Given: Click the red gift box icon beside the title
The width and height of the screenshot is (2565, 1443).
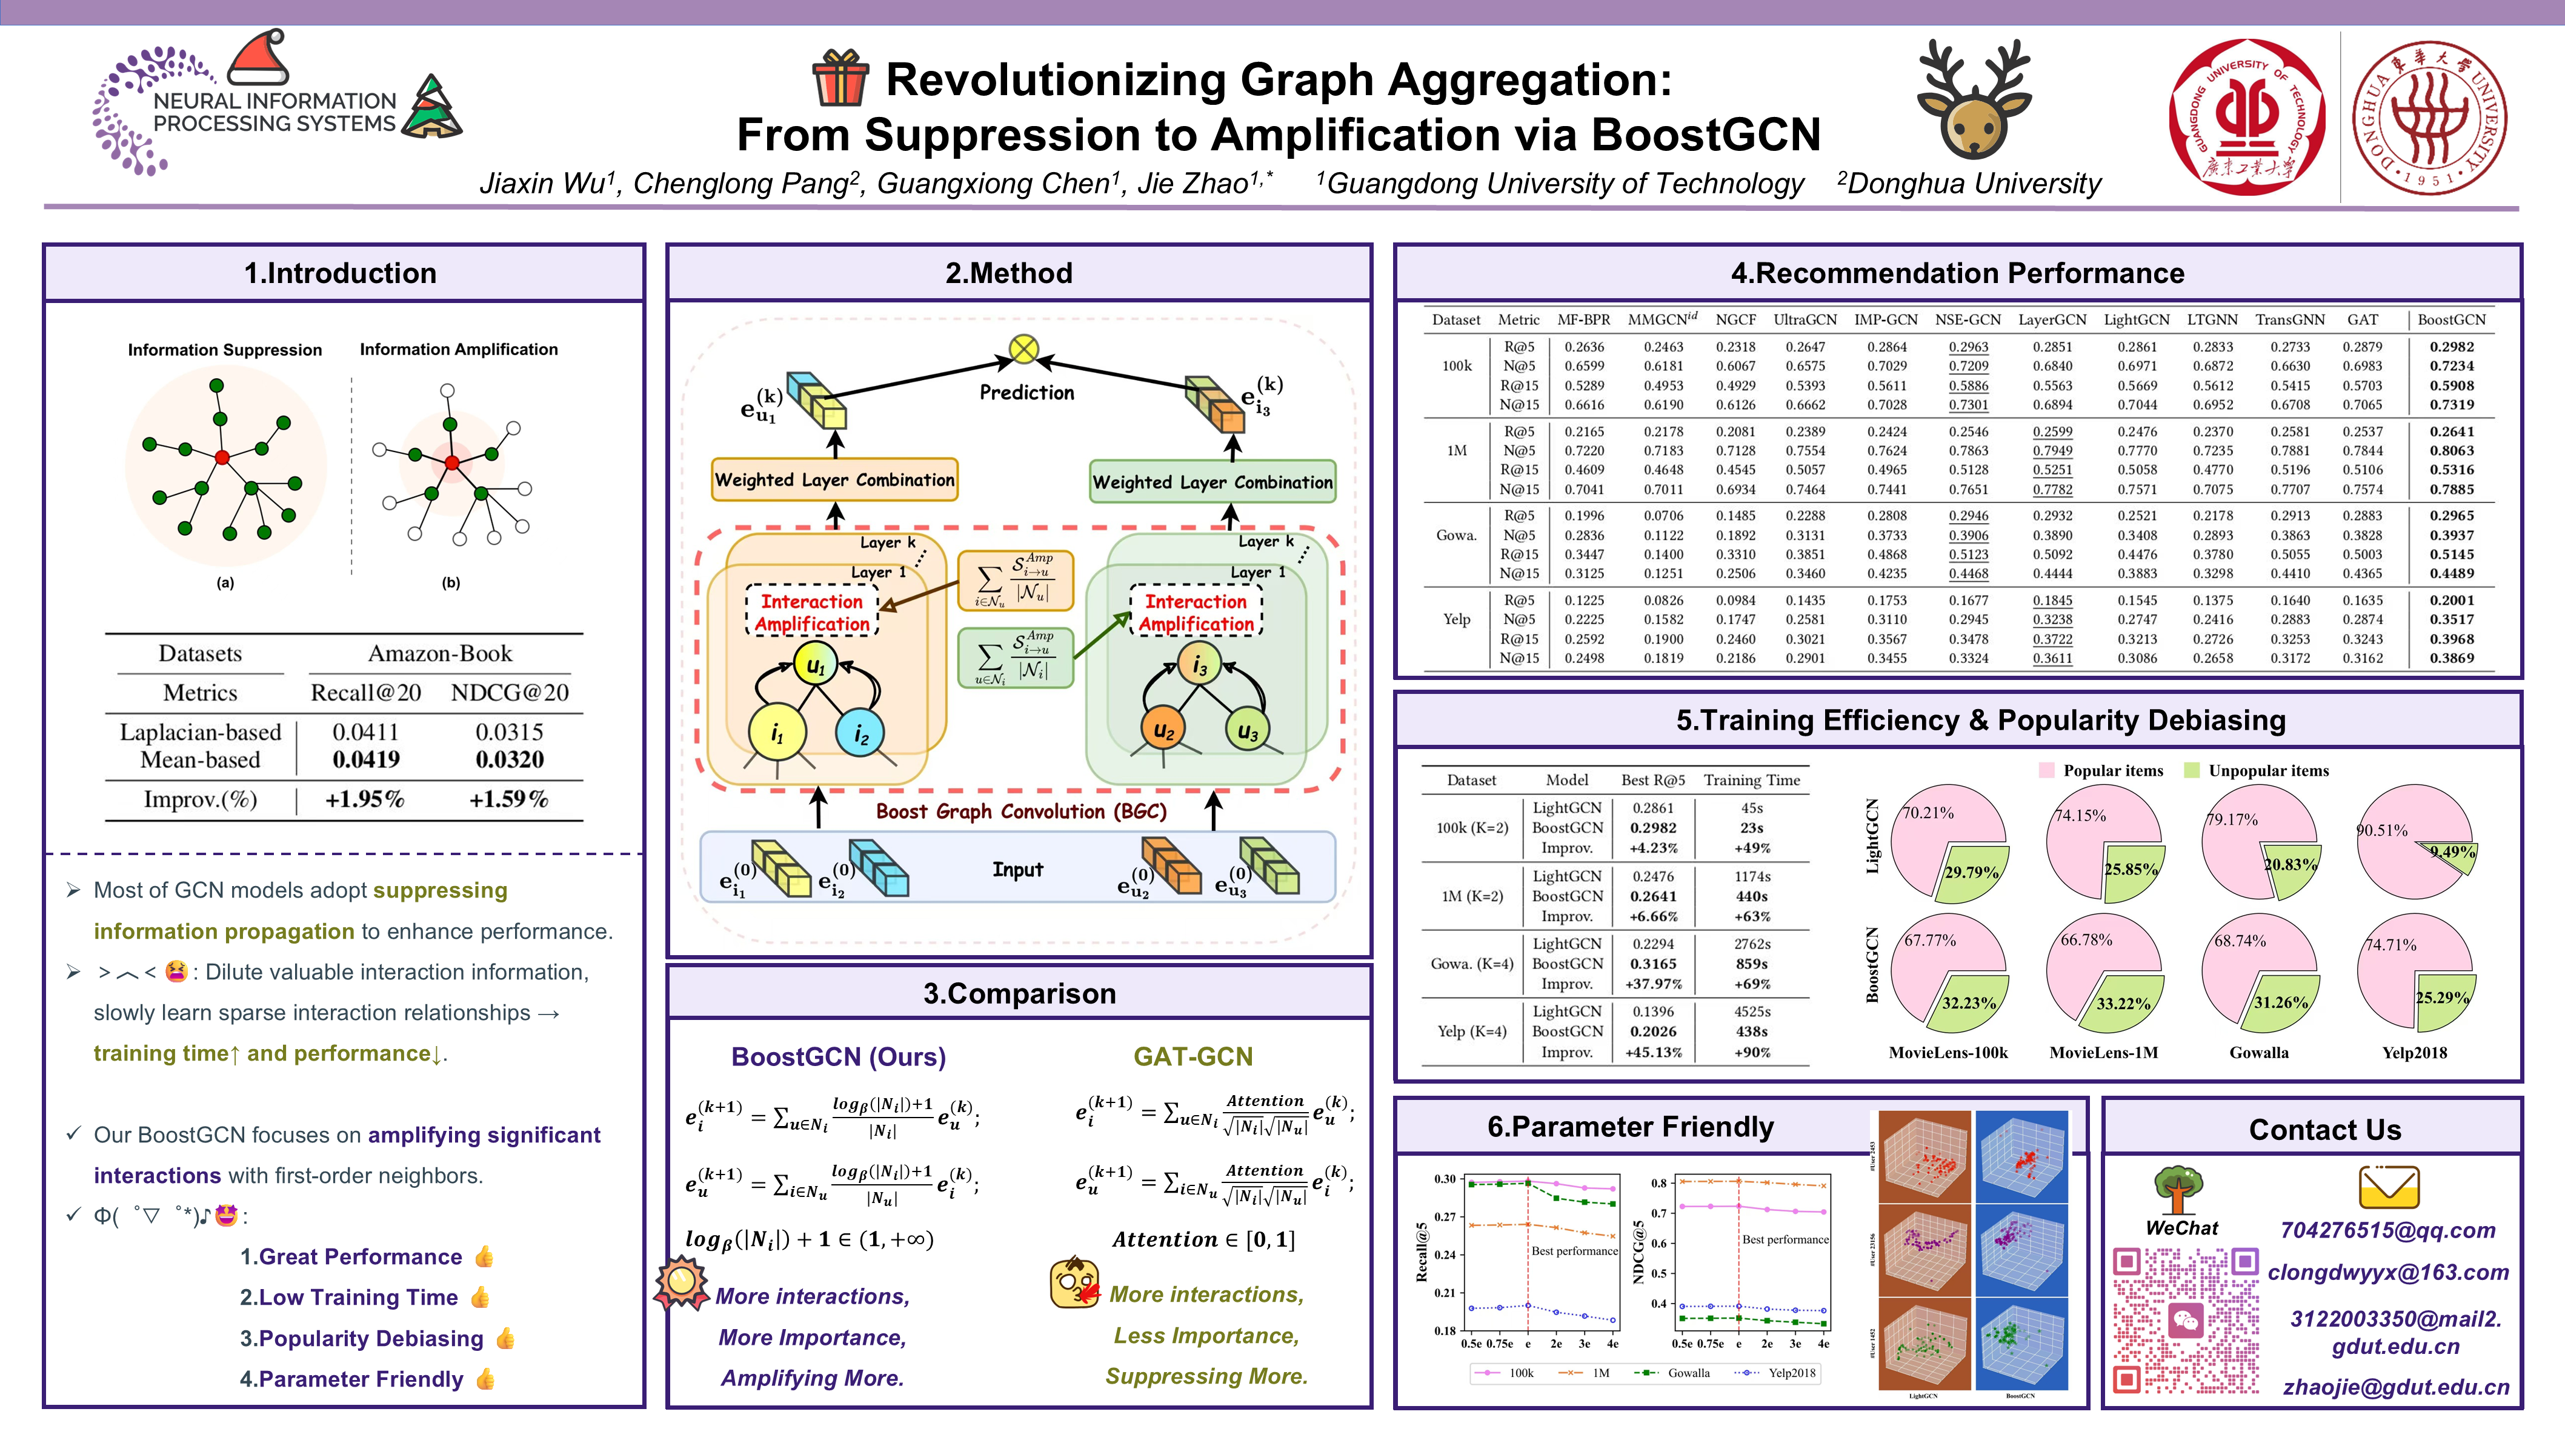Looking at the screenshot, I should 839,79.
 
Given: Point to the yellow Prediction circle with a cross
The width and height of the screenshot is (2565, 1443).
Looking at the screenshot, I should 1023,348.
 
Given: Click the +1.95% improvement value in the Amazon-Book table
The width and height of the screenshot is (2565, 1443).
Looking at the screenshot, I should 364,799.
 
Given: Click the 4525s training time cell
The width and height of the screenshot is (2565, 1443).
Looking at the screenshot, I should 1751,1011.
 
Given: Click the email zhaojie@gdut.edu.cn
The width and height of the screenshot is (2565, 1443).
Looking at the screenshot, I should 2395,1387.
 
